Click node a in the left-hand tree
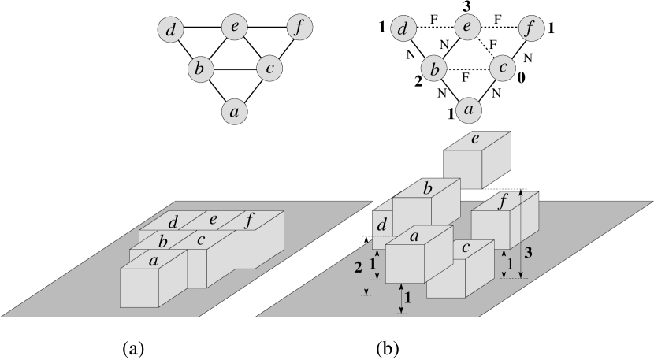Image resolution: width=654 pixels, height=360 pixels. pos(234,111)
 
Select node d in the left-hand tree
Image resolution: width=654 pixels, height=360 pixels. pos(170,31)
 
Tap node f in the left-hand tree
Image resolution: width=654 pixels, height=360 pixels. pos(299,28)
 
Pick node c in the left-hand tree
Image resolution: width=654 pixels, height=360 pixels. pos(269,69)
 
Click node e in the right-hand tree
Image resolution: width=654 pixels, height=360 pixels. pos(467,28)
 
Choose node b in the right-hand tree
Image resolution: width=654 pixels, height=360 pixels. pos(433,69)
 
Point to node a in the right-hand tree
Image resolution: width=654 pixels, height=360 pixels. pos(469,109)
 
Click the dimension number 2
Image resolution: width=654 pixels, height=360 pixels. pos(359,268)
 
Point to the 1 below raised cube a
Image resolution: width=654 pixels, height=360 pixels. pos(407,297)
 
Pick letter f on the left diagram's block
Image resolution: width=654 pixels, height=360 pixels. pos(249,220)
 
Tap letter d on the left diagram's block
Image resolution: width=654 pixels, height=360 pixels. pos(173,222)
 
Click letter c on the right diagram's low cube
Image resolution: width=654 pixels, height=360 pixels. pos(466,247)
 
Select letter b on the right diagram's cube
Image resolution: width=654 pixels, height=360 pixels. pos(426,188)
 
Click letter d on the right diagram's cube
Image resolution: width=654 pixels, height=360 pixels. pos(383,225)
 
